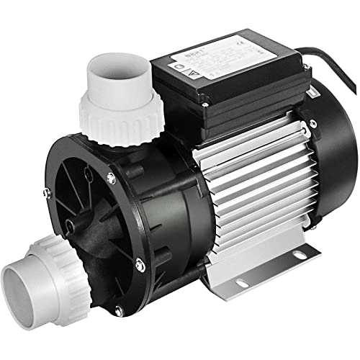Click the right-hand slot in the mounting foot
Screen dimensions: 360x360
299,253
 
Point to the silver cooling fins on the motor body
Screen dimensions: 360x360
245,187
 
